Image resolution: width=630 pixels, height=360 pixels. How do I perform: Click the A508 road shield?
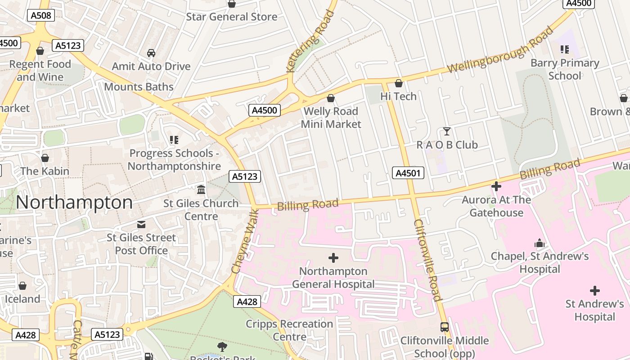pyautogui.click(x=41, y=16)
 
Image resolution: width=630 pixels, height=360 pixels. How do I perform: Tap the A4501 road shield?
pyautogui.click(x=408, y=173)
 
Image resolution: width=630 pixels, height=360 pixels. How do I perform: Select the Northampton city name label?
pyautogui.click(x=74, y=202)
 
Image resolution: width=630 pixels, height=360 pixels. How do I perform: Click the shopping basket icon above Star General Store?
pyautogui.click(x=232, y=4)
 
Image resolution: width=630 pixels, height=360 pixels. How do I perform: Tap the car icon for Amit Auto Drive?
pyautogui.click(x=151, y=53)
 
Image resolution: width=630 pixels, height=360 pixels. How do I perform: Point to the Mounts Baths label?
pyautogui.click(x=139, y=86)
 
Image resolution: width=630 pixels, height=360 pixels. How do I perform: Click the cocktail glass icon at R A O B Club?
pyautogui.click(x=446, y=131)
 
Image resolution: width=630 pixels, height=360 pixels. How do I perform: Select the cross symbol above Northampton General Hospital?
pyautogui.click(x=333, y=258)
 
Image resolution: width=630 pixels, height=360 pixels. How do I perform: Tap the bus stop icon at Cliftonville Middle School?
pyautogui.click(x=445, y=327)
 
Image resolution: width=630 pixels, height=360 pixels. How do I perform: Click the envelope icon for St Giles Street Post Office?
pyautogui.click(x=141, y=224)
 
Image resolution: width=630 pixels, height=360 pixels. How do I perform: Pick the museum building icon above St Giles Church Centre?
pyautogui.click(x=201, y=189)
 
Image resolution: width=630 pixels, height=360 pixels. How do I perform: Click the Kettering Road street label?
pyautogui.click(x=311, y=41)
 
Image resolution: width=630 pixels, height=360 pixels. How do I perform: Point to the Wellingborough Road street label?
pyautogui.click(x=500, y=50)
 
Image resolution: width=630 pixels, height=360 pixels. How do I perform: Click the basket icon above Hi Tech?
pyautogui.click(x=398, y=83)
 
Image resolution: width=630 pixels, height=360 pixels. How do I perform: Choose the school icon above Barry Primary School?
pyautogui.click(x=564, y=49)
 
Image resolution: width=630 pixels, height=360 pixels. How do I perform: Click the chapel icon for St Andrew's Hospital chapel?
pyautogui.click(x=539, y=243)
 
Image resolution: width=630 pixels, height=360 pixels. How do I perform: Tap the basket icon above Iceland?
pyautogui.click(x=22, y=286)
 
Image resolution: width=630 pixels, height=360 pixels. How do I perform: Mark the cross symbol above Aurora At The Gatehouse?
pyautogui.click(x=496, y=186)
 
